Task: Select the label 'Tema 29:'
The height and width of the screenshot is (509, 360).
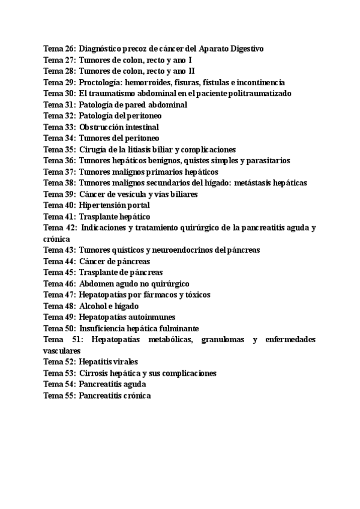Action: [59, 82]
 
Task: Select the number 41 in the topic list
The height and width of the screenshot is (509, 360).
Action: [70, 217]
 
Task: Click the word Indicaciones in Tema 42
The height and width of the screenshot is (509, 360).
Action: [108, 228]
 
